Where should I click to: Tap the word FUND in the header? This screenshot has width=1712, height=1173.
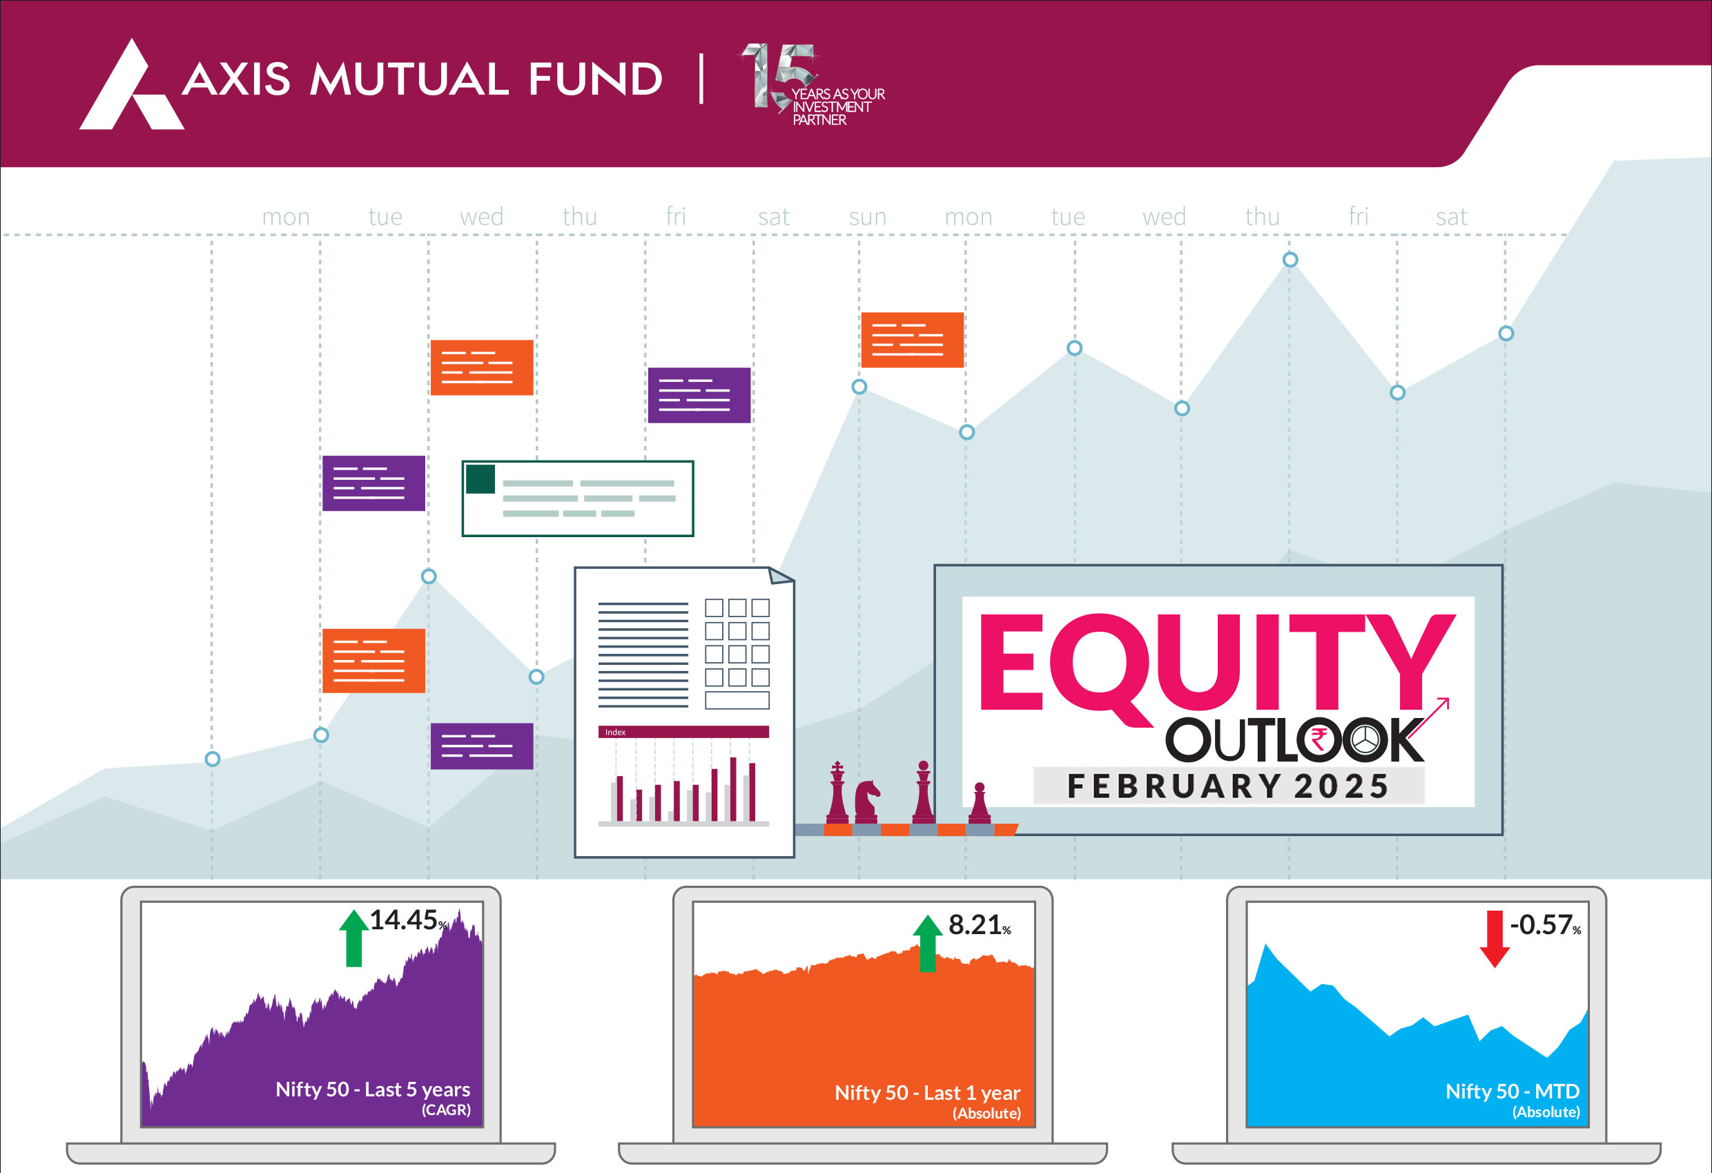pos(595,79)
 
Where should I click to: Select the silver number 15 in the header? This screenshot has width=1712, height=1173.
pos(777,76)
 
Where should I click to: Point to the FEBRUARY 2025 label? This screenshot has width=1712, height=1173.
pos(1228,786)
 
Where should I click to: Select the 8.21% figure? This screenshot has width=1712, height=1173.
pos(979,924)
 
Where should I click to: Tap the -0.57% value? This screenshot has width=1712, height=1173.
pos(1546,924)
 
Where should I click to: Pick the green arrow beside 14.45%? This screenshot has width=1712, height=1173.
pos(353,938)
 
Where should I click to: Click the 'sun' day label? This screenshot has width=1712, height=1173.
pos(867,217)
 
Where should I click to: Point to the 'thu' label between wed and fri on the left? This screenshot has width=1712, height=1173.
pos(580,216)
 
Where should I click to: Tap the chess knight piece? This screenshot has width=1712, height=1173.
pos(867,802)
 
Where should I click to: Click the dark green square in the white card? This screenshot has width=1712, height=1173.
pos(480,479)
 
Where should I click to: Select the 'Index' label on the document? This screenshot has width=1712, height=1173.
pos(615,733)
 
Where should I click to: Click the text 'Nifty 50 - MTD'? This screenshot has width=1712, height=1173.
pos(1512,1092)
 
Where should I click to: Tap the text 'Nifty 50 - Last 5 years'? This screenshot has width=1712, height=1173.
pos(373,1089)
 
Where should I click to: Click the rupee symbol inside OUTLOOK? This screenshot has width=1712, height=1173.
pos(1319,739)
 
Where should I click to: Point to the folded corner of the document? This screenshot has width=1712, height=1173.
pos(781,574)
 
